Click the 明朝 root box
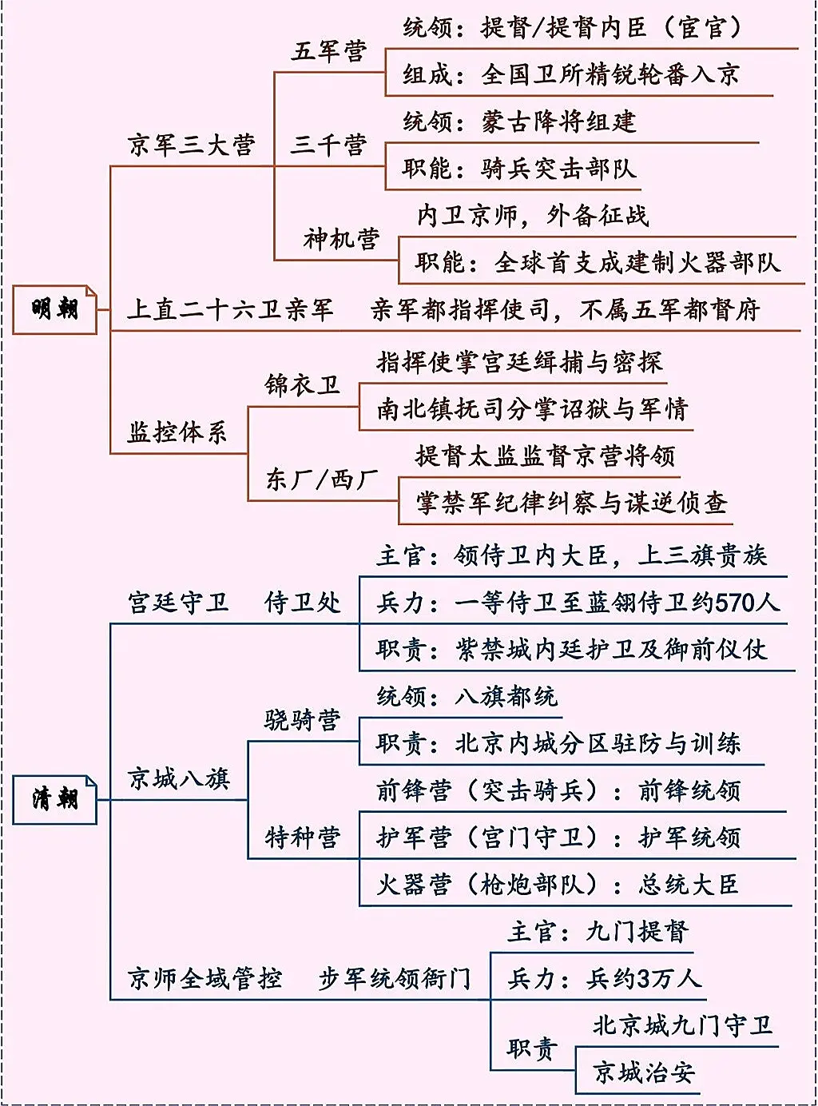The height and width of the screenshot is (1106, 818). pyautogui.click(x=54, y=309)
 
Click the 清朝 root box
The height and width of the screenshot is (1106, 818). pyautogui.click(x=54, y=799)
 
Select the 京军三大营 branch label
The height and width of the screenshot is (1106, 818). pyautogui.click(x=192, y=145)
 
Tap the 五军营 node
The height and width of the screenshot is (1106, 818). pyautogui.click(x=328, y=51)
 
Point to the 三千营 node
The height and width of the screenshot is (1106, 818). pyautogui.click(x=328, y=145)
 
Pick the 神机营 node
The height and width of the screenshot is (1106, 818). pyautogui.click(x=341, y=239)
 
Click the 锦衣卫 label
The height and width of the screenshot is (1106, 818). pyautogui.click(x=302, y=385)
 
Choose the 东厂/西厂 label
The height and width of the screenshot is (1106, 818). pyautogui.click(x=321, y=479)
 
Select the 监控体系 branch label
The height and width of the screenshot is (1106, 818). pyautogui.click(x=177, y=432)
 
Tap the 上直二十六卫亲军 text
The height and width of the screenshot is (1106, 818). pyautogui.click(x=230, y=309)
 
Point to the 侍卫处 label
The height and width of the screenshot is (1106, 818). pyautogui.click(x=302, y=603)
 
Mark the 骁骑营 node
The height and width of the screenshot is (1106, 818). pyautogui.click(x=302, y=720)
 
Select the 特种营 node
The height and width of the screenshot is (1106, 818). pyautogui.click(x=302, y=837)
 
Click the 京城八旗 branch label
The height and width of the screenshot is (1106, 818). pyautogui.click(x=178, y=778)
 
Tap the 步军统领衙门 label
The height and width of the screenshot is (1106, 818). pyautogui.click(x=395, y=979)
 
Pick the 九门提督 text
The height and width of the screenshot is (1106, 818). pyautogui.click(x=637, y=932)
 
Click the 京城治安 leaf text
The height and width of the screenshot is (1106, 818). pyautogui.click(x=644, y=1072)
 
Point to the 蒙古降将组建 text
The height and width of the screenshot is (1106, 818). pyautogui.click(x=559, y=121)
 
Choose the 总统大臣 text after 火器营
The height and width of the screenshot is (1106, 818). pyautogui.click(x=689, y=885)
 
